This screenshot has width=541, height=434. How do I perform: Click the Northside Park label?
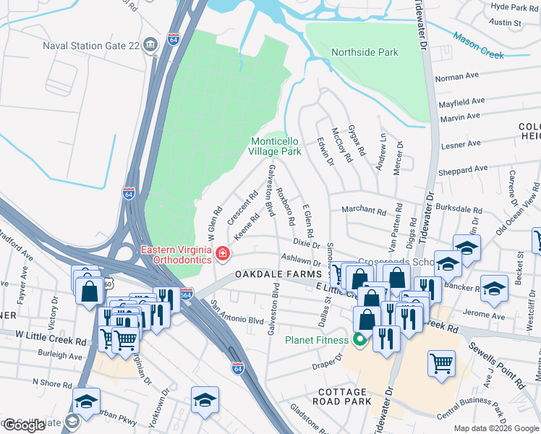365,52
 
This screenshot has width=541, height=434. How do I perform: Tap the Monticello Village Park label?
275,147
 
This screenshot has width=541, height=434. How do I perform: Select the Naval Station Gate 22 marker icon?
150,44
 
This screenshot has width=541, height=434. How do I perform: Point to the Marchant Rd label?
364,211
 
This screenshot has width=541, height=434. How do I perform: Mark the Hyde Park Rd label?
515,6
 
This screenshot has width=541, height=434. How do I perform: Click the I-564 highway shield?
186,294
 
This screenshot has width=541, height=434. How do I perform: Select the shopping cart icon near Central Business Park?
441,363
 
